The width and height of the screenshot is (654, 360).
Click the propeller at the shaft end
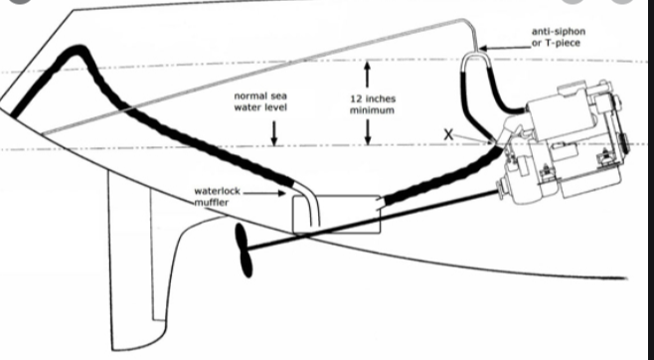point(245,251)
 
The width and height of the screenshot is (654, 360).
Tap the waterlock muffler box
point(337,215)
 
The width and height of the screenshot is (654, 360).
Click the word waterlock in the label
point(218,191)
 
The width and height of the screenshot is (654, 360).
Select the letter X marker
point(448,134)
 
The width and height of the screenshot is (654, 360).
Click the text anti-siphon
point(558,31)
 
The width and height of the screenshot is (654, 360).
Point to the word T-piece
point(562,43)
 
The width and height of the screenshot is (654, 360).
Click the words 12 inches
point(373,99)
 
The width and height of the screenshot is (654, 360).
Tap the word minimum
point(372,110)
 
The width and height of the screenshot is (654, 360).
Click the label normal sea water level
point(260,101)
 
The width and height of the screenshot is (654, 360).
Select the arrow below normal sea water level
point(273,133)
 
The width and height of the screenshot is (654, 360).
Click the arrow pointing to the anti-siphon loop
point(505,48)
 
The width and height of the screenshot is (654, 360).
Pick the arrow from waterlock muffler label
point(264,193)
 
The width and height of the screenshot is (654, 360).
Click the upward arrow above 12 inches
point(367,75)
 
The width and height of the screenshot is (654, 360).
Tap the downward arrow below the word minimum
point(368,132)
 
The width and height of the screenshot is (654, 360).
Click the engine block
point(564,142)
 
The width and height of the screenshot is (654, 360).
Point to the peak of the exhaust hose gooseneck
point(78,50)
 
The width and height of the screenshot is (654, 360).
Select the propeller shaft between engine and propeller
point(374,220)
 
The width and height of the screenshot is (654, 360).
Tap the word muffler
point(211,203)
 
